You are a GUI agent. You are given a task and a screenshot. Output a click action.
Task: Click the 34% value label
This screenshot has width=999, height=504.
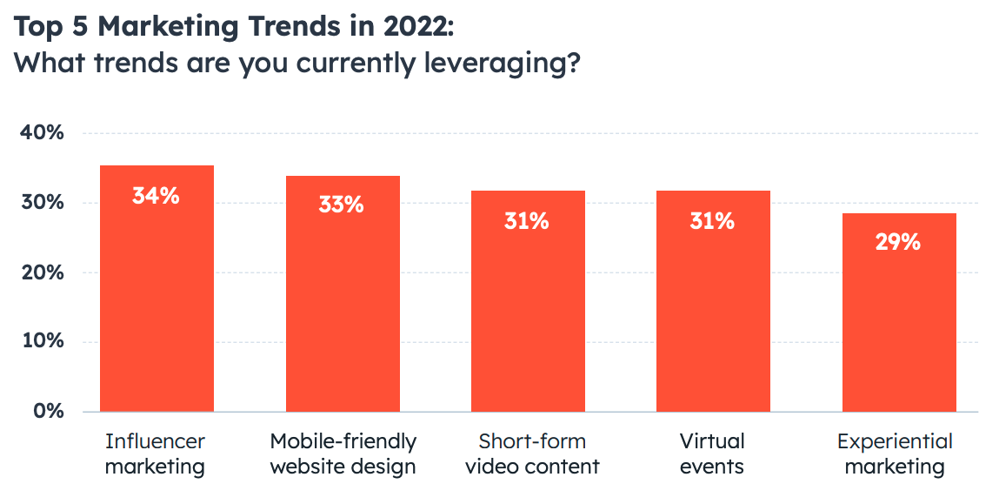[x=156, y=196]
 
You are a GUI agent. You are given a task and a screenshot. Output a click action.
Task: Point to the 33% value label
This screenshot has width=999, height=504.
[x=341, y=205]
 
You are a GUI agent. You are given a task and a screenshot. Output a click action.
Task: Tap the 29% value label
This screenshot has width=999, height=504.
[x=898, y=242]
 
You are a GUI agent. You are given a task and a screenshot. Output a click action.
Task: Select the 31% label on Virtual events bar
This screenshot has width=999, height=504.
[x=712, y=221]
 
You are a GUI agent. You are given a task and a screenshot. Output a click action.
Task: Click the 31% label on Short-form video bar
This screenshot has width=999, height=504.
[x=527, y=221]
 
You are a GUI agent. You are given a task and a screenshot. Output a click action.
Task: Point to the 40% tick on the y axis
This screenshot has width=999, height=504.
[x=42, y=133]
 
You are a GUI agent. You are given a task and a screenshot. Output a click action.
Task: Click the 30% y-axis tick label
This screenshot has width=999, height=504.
[x=42, y=203]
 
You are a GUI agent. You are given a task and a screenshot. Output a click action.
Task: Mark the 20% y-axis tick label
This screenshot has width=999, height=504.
[x=42, y=272]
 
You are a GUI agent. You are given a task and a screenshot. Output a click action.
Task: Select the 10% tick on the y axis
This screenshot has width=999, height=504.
[x=42, y=341]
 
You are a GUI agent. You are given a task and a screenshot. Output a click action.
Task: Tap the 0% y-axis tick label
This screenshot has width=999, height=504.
[x=48, y=411]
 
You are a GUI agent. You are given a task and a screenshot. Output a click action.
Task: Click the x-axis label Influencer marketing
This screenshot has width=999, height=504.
[x=156, y=454]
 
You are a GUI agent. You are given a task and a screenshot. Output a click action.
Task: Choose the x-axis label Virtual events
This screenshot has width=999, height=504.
[x=712, y=454]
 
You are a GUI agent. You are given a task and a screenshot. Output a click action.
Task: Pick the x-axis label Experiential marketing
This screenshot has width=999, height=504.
[x=895, y=454]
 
